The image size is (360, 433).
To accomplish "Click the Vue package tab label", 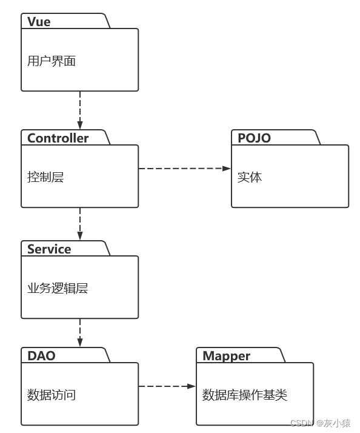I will pos(39,22).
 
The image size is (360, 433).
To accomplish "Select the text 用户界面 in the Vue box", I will pos(52,61).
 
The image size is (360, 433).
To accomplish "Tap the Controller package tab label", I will pos(58,138).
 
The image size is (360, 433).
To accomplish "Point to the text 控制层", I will pos(45,177).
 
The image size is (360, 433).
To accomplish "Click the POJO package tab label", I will pos(254,138).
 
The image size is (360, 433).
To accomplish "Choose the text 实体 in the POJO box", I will pos(250,177).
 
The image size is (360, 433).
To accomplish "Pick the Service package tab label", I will pos(49,249).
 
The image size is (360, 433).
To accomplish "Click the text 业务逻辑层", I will pos(58,289).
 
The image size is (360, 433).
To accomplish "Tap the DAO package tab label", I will pos(41,356).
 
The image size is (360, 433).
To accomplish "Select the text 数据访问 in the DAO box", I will pos(52,395).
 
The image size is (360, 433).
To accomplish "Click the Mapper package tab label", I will pos(226,356).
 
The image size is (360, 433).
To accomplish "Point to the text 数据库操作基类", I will pos(244,395).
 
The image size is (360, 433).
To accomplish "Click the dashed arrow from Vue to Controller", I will pos(80,110).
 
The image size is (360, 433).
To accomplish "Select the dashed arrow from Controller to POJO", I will pos(182,168).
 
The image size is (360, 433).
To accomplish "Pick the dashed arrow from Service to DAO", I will pos(80,332).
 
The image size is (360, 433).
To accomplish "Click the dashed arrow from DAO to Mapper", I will pos(165,386).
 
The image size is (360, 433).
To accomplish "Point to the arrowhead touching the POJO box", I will pos(228,168).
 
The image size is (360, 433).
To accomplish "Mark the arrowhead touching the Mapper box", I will pos(192,386).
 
